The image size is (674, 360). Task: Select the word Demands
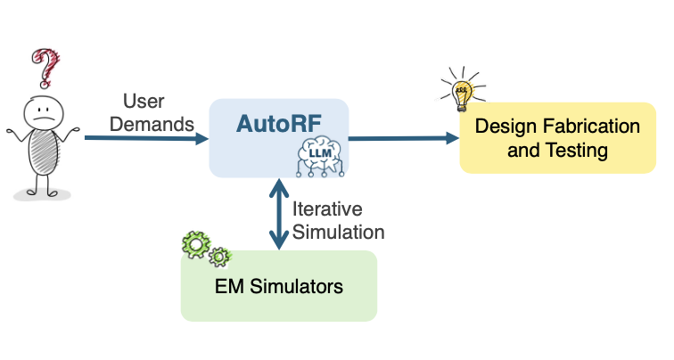coord(152,122)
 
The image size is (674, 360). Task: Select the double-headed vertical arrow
coord(278,214)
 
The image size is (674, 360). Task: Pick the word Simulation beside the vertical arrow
coord(339,232)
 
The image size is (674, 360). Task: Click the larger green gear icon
coord(196,242)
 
